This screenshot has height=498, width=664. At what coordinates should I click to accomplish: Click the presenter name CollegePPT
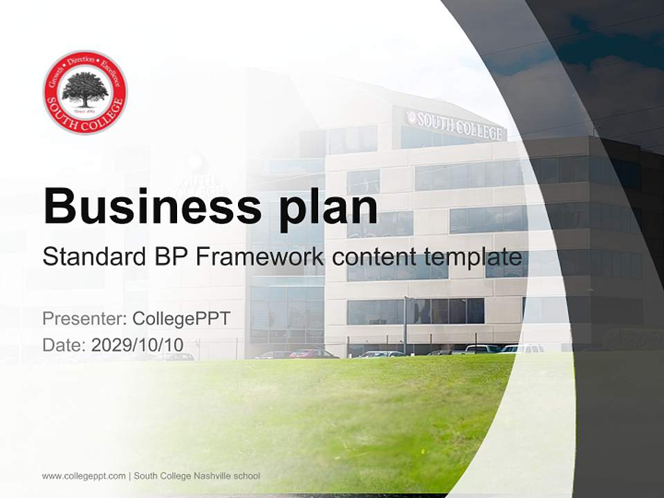[x=181, y=319]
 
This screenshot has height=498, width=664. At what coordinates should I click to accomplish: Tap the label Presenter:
[x=84, y=319]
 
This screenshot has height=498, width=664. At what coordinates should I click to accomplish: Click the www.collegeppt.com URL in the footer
[x=84, y=476]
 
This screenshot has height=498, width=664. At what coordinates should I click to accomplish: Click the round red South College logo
[x=85, y=92]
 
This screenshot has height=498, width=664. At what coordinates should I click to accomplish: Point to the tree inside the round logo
[x=85, y=89]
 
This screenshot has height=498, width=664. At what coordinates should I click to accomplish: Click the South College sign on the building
[x=456, y=125]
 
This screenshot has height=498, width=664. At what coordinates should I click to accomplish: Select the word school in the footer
[x=248, y=476]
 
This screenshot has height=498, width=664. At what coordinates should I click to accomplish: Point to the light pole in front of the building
[x=405, y=325]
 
